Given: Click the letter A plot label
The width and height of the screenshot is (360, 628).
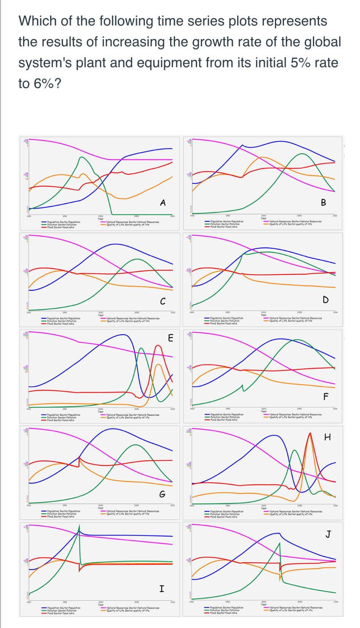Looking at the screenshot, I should coord(163,203).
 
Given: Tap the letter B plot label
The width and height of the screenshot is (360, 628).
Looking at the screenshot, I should coord(324,202).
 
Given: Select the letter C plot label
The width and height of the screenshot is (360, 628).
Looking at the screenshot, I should coord(163,301).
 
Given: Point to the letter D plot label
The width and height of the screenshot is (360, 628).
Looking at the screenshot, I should coord(325,300).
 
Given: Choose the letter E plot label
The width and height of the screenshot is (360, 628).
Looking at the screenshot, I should coord(171,338).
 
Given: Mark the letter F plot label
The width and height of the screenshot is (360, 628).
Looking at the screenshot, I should coord(325,397).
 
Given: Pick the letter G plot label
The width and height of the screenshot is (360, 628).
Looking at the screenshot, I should coord(162,494).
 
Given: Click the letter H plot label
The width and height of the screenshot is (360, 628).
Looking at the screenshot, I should coord(327,437).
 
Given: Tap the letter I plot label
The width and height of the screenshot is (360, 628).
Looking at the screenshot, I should coord(162,589).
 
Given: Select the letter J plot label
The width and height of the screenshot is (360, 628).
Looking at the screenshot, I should coord(328,534).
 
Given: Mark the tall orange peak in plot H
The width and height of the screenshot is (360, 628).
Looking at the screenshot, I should coord(310,433).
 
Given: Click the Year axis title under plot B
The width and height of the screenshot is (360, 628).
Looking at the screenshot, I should coord(264,218).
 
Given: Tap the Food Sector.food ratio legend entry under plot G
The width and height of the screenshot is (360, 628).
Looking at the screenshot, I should coord(61,516).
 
